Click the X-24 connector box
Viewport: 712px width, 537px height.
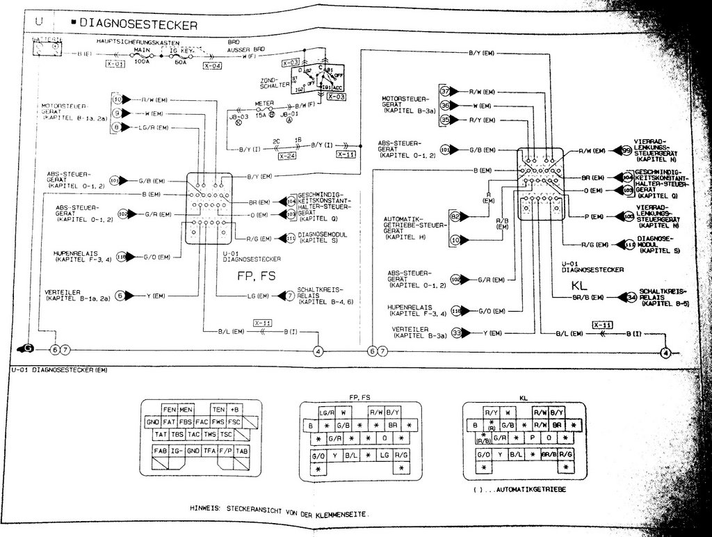[287, 157]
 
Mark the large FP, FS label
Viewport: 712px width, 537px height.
[257, 275]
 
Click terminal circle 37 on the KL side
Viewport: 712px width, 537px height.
[445, 92]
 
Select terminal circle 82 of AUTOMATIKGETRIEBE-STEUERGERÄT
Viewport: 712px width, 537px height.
[455, 217]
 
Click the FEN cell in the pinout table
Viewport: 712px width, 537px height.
[169, 410]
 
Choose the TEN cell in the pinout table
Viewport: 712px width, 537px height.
[219, 410]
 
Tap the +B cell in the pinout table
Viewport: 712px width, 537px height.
[235, 410]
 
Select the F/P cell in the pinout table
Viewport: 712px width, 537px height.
[225, 450]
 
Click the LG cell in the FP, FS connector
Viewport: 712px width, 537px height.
[383, 454]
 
